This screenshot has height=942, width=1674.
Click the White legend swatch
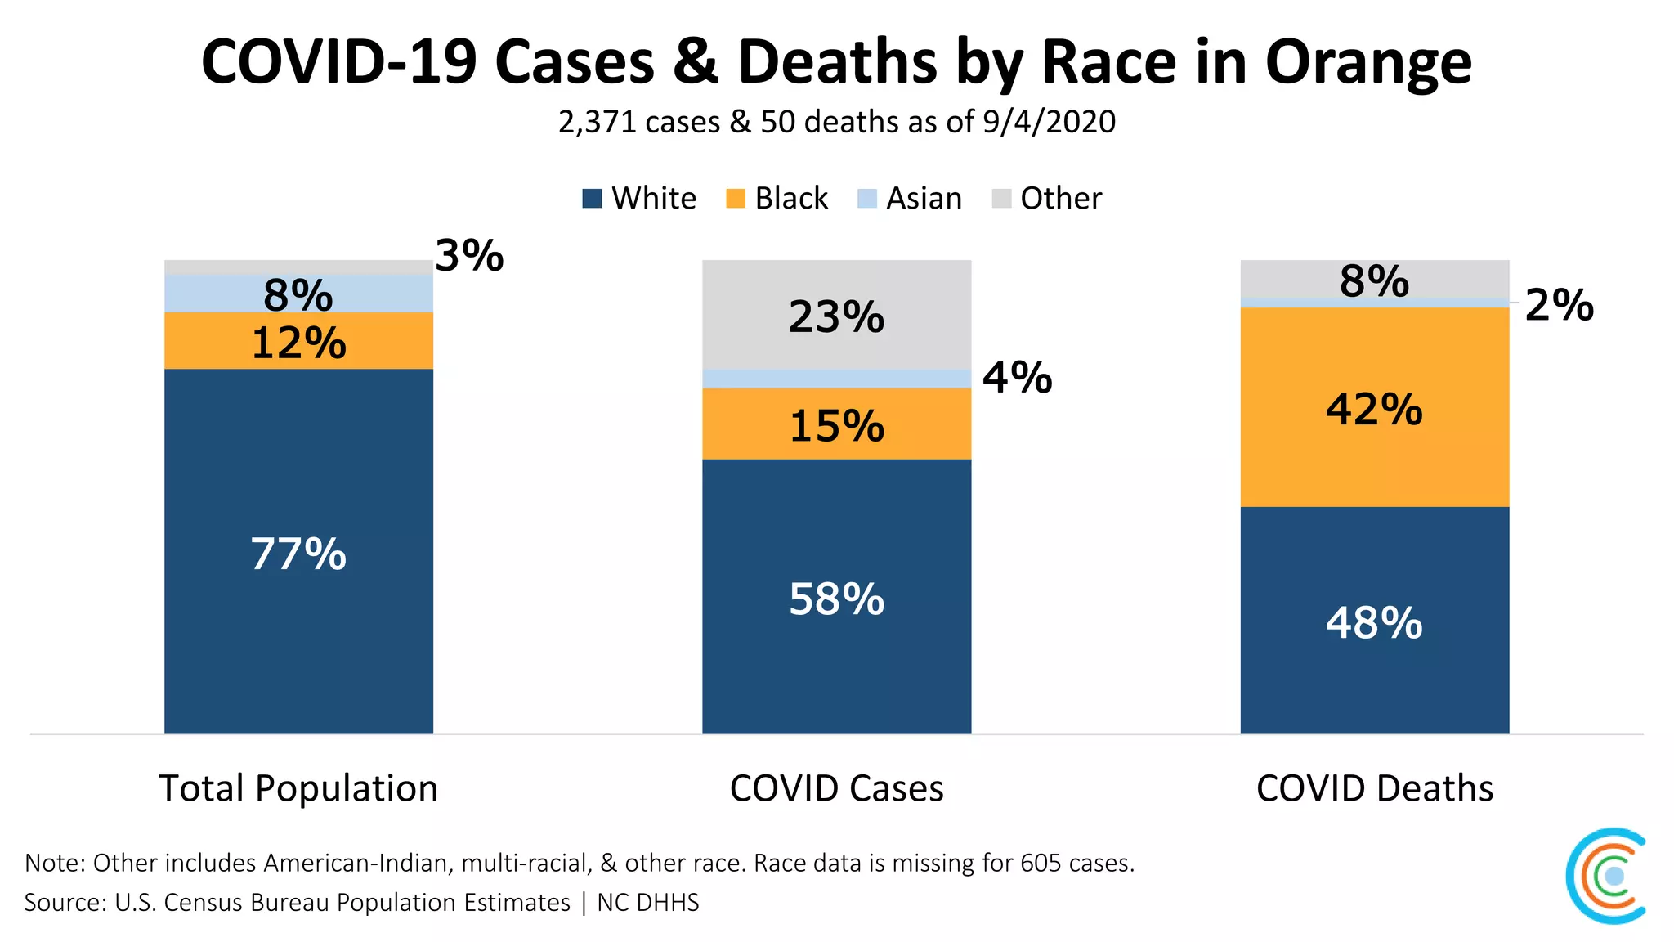click(592, 199)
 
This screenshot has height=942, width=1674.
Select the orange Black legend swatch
click(736, 199)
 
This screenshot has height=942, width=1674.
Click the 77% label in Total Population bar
click(298, 554)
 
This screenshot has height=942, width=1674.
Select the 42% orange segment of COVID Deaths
click(1374, 409)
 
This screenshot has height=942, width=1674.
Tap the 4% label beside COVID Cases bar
click(1017, 378)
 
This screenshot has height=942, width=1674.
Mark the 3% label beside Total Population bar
click(469, 256)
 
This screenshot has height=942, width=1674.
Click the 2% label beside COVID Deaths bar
click(1559, 306)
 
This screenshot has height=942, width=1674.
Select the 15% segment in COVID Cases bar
click(836, 426)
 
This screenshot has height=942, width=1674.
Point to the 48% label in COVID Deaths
click(1374, 623)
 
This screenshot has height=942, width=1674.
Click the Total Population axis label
click(298, 788)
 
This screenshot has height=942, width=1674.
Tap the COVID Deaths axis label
click(1374, 788)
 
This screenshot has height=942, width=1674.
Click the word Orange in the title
click(1368, 63)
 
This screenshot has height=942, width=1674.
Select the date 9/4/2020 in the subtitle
click(1049, 122)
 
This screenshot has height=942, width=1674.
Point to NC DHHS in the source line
click(648, 903)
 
